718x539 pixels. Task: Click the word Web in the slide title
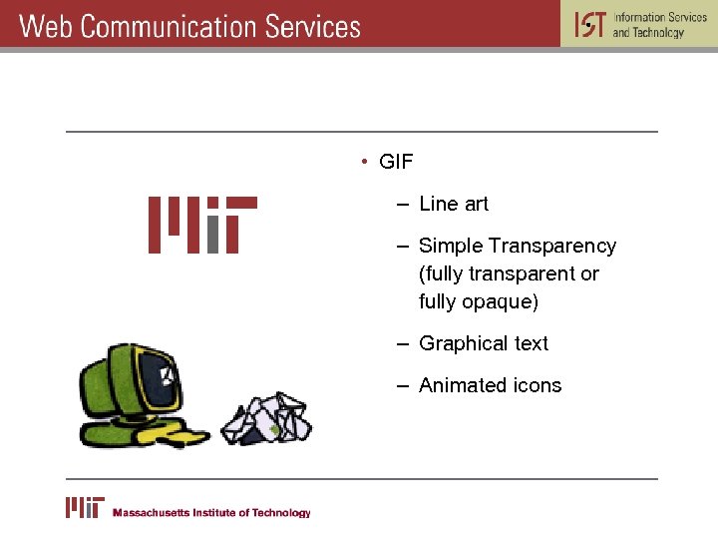[x=46, y=26]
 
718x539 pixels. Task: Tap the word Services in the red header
[x=312, y=26]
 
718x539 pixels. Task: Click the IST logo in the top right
[x=589, y=24]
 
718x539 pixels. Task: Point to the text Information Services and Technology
[x=659, y=25]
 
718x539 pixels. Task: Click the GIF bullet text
[x=396, y=162]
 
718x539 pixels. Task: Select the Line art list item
[x=453, y=204]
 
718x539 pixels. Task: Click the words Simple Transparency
[x=517, y=246]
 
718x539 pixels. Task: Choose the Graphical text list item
[x=483, y=343]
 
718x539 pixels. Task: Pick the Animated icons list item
[x=490, y=385]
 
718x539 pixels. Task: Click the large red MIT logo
[x=202, y=225]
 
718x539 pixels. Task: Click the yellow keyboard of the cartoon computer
[x=175, y=435]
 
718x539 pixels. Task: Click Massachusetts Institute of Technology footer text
[x=211, y=513]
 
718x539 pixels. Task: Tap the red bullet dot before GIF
[x=366, y=162]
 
